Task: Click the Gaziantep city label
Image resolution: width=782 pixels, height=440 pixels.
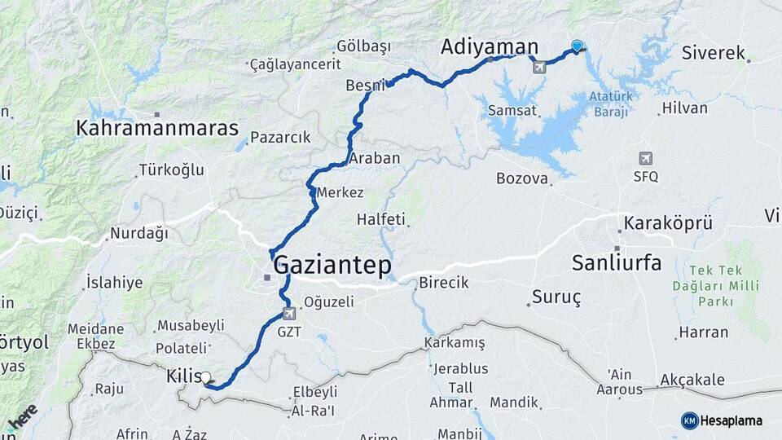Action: (x=332, y=265)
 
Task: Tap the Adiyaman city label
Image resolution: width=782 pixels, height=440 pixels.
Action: (x=490, y=47)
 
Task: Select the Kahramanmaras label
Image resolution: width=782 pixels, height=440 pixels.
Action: (x=157, y=128)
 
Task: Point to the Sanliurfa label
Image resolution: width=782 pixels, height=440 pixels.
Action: (x=616, y=262)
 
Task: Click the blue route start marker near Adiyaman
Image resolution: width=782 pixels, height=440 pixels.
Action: (x=577, y=46)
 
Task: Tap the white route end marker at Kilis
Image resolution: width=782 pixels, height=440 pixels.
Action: (x=205, y=377)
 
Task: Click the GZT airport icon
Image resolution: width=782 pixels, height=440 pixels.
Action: (x=288, y=314)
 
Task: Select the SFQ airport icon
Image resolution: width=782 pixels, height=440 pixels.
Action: (x=646, y=158)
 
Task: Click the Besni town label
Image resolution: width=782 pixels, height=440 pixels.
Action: (x=364, y=85)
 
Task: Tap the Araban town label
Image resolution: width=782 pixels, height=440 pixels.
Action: (x=374, y=158)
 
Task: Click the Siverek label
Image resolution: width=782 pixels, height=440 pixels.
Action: (x=714, y=54)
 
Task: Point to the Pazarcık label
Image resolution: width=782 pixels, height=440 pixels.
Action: (x=280, y=138)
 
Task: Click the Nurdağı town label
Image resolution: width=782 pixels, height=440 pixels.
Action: (x=138, y=234)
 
